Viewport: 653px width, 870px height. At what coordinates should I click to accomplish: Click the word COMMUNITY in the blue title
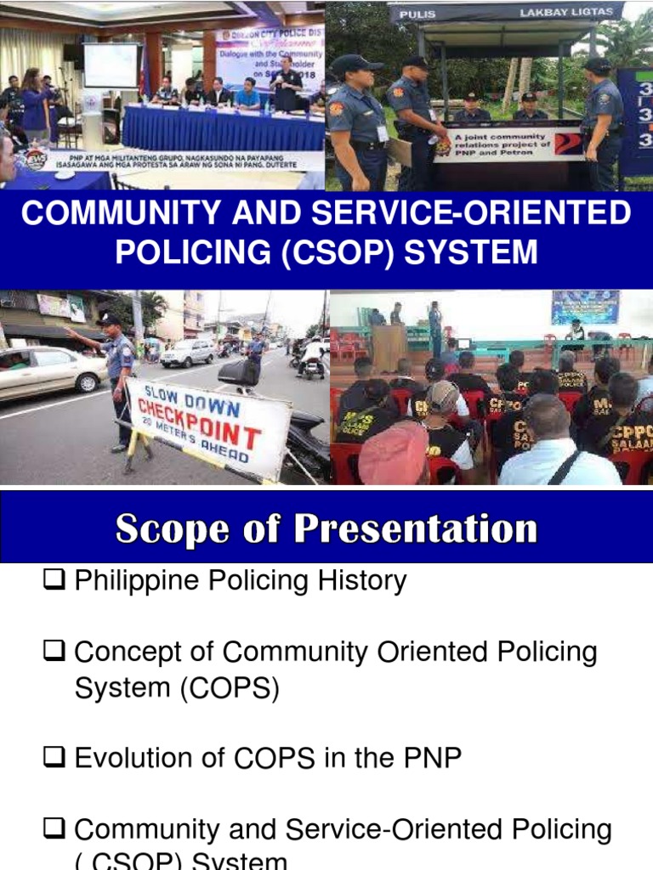pyautogui.click(x=110, y=214)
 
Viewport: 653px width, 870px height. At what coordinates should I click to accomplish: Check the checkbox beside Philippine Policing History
pyautogui.click(x=56, y=582)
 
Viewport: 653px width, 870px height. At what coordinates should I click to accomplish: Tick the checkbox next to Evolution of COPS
pyautogui.click(x=56, y=759)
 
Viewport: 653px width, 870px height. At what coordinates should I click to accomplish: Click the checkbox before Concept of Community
pyautogui.click(x=56, y=653)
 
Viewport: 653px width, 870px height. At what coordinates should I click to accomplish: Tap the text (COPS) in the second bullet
pyautogui.click(x=229, y=689)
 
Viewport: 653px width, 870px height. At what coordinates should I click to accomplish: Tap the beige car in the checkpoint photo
pyautogui.click(x=51, y=372)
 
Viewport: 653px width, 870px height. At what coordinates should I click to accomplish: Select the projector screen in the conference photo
pyautogui.click(x=111, y=65)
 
